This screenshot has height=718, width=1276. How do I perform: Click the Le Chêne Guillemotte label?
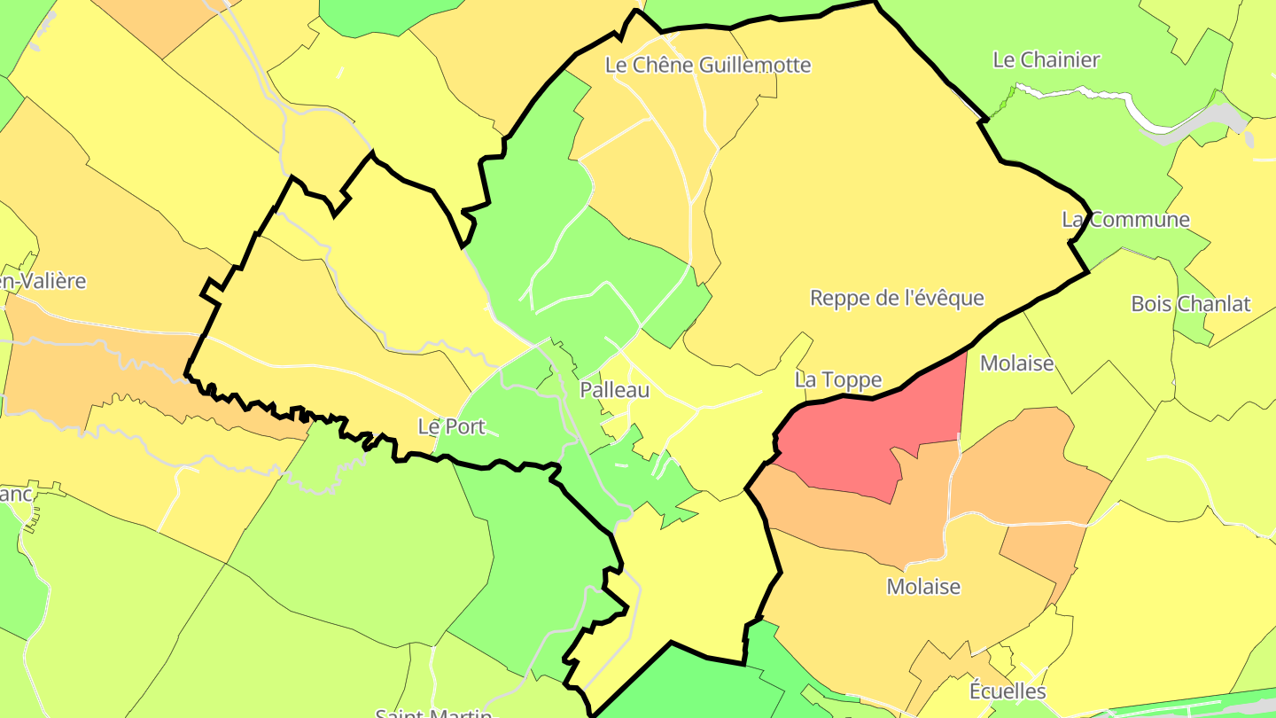[x=707, y=65]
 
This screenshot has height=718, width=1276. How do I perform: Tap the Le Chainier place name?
[x=1046, y=60]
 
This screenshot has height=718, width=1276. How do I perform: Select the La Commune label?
[x=1126, y=220]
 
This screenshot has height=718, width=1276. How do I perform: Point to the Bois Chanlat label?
[x=1190, y=304]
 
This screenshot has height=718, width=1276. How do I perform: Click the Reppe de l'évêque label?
[x=897, y=298]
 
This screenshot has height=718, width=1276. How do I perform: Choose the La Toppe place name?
[x=837, y=380]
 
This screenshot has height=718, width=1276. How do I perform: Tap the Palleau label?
[x=614, y=390]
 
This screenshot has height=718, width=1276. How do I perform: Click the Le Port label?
[x=451, y=426]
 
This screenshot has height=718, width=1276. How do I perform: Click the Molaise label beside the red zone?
[x=1016, y=363]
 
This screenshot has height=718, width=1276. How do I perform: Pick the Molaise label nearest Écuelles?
[x=923, y=587]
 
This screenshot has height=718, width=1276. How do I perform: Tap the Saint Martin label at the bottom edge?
[x=434, y=712]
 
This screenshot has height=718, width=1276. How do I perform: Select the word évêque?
[x=951, y=298]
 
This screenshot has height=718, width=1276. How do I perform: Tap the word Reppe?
[x=839, y=299]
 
